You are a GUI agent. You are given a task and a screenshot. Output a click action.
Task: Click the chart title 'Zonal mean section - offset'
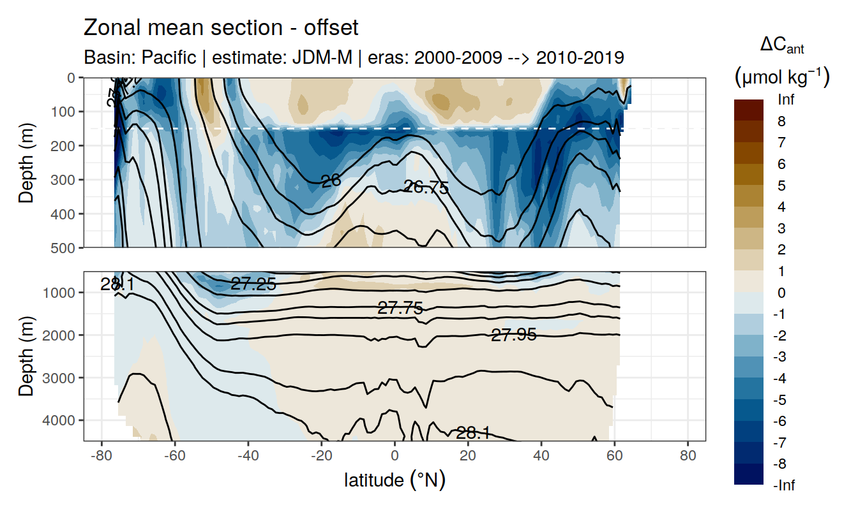(221, 28)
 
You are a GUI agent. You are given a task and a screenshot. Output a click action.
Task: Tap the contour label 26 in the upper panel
(331, 181)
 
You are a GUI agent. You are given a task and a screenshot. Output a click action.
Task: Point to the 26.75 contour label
(426, 187)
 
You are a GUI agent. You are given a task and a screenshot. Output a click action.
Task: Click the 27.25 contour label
(253, 284)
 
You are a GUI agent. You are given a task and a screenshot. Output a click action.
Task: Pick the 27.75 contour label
(400, 309)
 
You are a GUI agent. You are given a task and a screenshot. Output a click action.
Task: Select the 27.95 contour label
(514, 334)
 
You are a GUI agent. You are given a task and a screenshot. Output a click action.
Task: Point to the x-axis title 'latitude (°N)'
(395, 480)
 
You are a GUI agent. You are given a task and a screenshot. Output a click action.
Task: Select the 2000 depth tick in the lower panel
(61, 335)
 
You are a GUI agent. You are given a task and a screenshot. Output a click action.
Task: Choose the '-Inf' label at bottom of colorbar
(784, 486)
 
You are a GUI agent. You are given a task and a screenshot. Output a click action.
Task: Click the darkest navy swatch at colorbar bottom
(749, 474)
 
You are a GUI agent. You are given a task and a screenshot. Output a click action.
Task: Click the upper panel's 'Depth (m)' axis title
(26, 162)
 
